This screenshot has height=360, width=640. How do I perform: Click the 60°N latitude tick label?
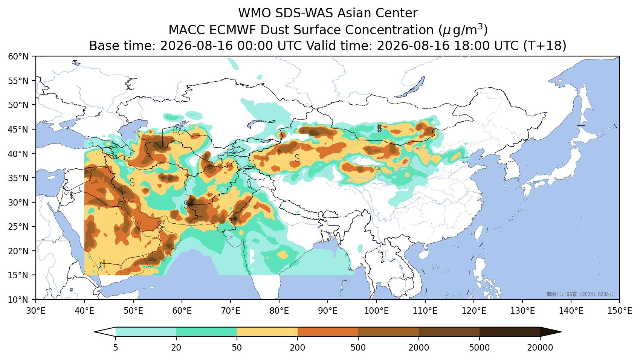[x=18, y=56]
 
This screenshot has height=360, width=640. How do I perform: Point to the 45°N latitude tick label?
[x=18, y=130]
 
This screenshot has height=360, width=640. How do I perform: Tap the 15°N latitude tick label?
[x=18, y=275]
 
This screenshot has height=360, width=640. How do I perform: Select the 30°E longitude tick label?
[x=36, y=311]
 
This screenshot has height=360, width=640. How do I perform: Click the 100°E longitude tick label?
[x=376, y=311]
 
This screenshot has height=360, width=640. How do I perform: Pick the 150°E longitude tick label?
[x=619, y=311]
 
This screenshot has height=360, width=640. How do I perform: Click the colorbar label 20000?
[x=540, y=348]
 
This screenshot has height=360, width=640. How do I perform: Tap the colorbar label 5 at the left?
[x=115, y=348]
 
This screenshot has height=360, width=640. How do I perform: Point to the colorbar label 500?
[x=358, y=348]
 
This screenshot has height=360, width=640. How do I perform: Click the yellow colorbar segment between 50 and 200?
[x=267, y=332]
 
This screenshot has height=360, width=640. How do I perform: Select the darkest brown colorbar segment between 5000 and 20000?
[x=510, y=332]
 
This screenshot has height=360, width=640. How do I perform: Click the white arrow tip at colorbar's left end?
[x=95, y=332]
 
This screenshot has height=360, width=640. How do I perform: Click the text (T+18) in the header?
[x=545, y=46]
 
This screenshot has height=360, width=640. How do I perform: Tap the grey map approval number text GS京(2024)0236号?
[x=580, y=294]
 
